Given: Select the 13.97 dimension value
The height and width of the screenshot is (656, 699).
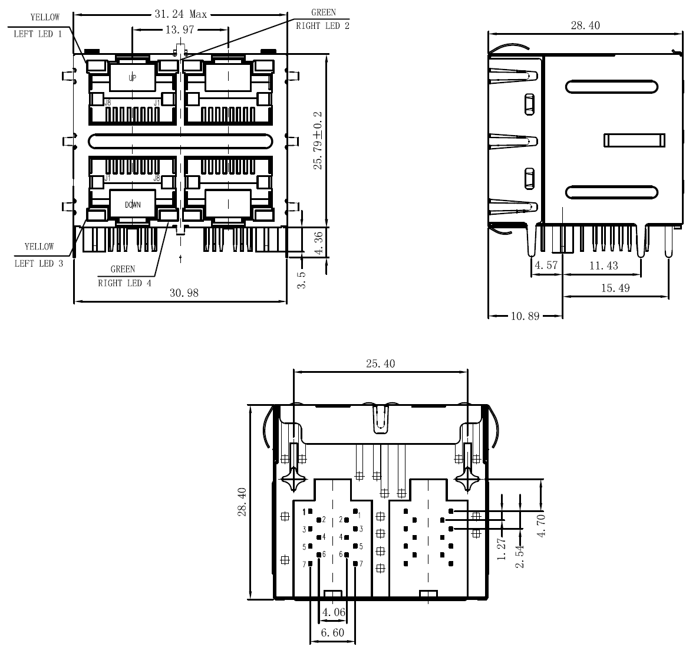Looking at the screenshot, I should coord(179,29).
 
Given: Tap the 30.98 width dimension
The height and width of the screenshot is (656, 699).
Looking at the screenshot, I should coord(184,293).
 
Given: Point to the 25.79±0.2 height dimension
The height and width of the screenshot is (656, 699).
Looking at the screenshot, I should coord(318,140).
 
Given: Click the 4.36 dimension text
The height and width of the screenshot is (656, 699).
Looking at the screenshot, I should coord(318,243).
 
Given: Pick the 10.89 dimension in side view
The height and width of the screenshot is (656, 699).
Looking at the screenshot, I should coord(525,316).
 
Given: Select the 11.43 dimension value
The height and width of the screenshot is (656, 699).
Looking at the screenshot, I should coord(604,266).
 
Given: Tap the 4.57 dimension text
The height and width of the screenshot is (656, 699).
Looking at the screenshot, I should coord(546,266).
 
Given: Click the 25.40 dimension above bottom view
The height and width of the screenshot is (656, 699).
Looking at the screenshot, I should coord(380,364).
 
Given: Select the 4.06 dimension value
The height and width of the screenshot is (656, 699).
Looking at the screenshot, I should coord(333,613).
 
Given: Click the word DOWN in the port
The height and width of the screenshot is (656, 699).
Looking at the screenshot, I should coord(133,205).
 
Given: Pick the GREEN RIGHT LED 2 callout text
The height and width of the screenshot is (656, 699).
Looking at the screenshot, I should coord(322,19).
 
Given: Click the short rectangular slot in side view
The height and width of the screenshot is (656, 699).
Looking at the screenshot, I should coord(634,140).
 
